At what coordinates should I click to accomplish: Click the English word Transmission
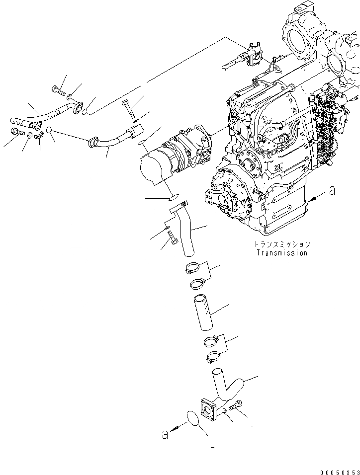pyautogui.click(x=281, y=253)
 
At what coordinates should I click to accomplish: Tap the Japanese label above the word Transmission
pyautogui.click(x=281, y=244)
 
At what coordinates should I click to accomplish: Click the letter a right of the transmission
pyautogui.click(x=333, y=191)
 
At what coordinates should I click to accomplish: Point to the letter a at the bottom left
pyautogui.click(x=165, y=435)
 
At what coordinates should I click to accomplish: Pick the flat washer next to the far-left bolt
pyautogui.click(x=31, y=135)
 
